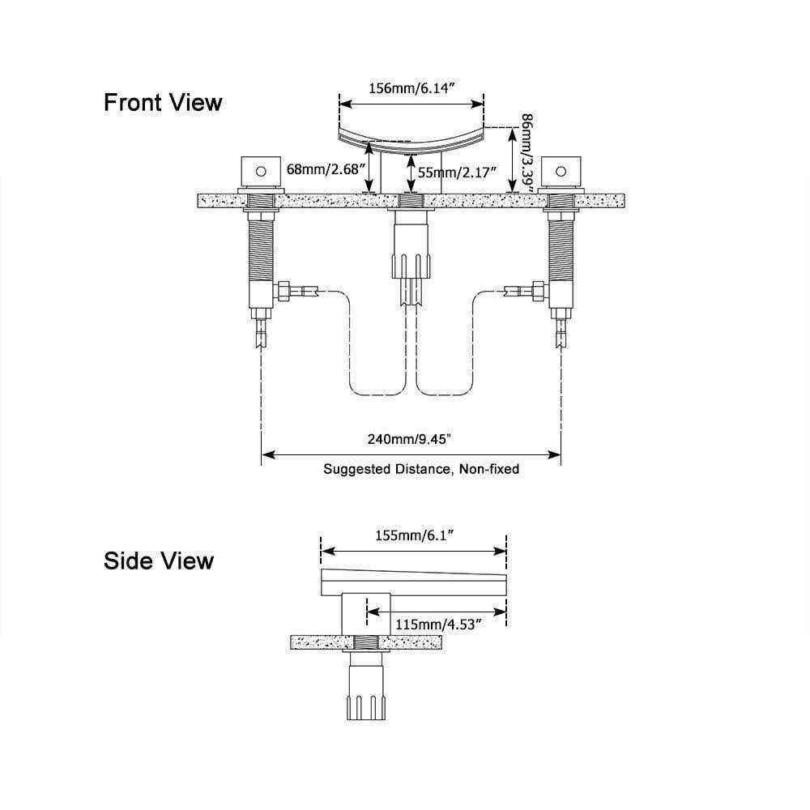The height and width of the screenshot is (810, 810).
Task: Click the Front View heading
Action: tap(162, 103)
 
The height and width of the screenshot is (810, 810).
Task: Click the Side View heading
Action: tap(159, 561)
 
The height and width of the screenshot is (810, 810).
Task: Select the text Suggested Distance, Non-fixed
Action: tap(421, 468)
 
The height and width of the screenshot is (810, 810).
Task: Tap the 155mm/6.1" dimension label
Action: tap(414, 535)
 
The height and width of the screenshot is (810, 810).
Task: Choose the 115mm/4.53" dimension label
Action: tap(438, 624)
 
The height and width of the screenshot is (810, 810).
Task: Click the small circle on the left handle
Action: tap(260, 171)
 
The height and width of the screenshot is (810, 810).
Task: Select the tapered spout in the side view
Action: tap(413, 580)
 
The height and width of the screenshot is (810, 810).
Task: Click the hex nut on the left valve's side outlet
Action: tap(284, 289)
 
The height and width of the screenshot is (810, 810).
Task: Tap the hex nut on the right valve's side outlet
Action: tap(536, 289)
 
